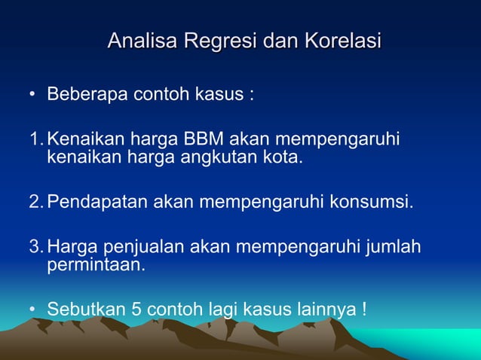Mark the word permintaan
94,264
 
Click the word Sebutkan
83,309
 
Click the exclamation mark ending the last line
364,309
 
